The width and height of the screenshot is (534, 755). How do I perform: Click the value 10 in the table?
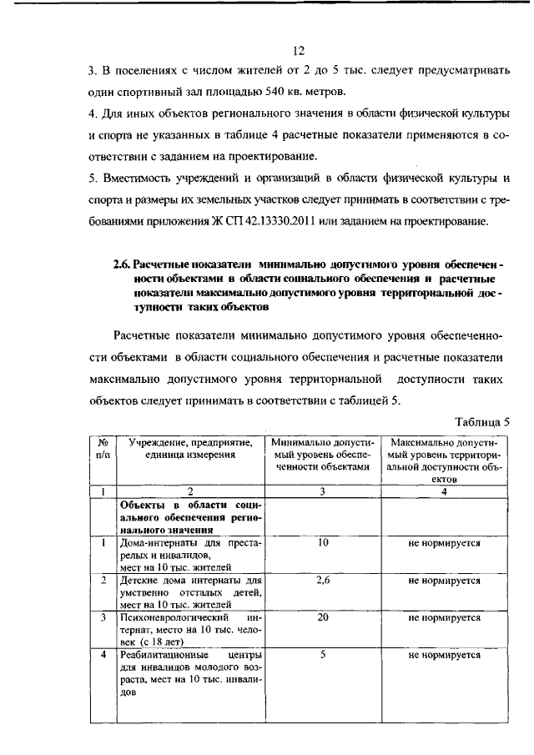coord(322,542)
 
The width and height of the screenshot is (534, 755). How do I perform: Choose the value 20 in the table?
coord(322,617)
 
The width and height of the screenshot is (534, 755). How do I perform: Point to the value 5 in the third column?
coord(322,655)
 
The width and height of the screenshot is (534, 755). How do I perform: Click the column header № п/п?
coord(103,448)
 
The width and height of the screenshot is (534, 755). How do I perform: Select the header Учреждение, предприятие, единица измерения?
coord(189,448)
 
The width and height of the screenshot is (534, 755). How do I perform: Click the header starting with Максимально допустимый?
coord(444,460)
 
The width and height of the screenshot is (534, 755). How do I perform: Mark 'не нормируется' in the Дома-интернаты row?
coord(444,542)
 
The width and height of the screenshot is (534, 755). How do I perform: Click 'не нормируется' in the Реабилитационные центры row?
coord(444,655)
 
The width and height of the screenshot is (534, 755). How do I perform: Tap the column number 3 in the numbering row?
coord(322,492)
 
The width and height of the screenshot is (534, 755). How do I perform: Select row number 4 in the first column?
coord(103,655)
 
